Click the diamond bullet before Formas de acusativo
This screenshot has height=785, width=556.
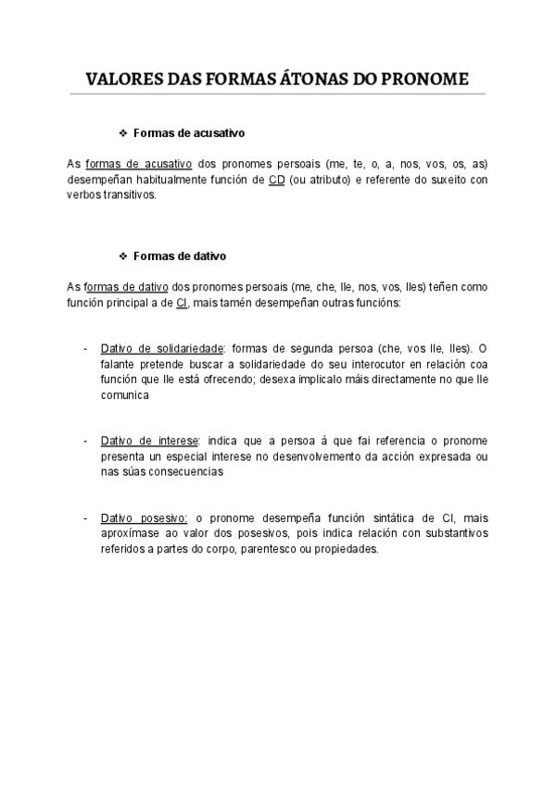[x=123, y=133]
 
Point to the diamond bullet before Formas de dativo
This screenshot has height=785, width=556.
[x=123, y=255]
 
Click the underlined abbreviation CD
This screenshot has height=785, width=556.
[x=276, y=180]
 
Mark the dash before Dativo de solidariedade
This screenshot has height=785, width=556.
[x=85, y=349]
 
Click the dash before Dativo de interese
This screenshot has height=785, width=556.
[x=85, y=440]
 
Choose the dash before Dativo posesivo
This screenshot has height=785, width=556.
[x=85, y=517]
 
